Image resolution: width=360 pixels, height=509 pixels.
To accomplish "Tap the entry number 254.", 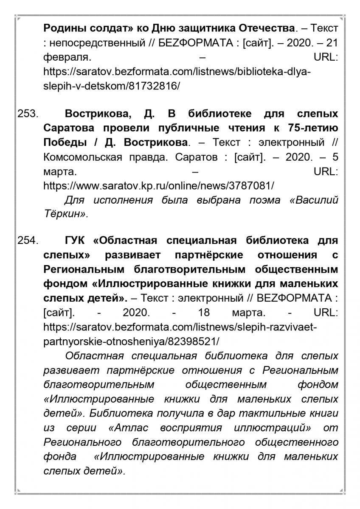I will (x=28, y=241).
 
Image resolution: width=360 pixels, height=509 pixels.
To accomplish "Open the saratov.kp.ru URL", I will (x=159, y=186).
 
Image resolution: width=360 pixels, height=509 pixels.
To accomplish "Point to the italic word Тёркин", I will (x=65, y=214).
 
